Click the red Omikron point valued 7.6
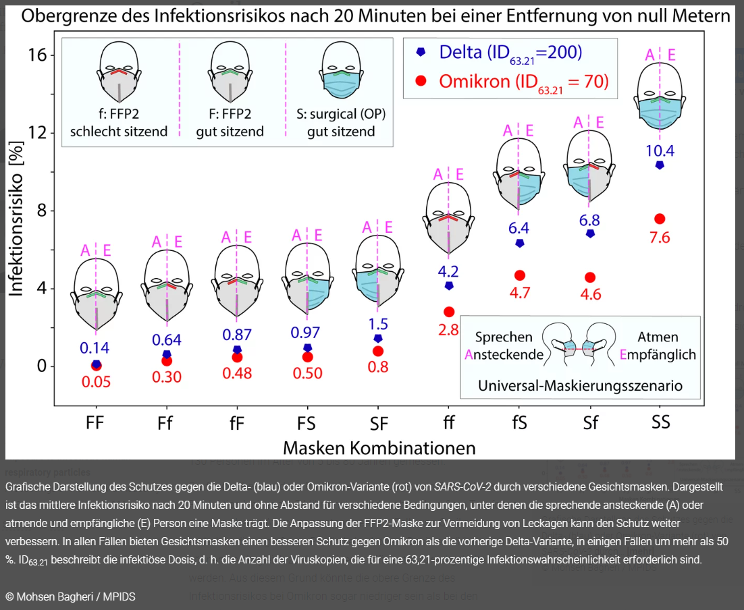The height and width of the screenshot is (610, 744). pyautogui.click(x=660, y=219)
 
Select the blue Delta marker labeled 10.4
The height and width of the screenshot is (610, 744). pyautogui.click(x=660, y=165)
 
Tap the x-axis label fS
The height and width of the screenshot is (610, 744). pyautogui.click(x=520, y=422)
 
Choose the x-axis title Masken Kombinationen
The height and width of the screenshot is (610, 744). pyautogui.click(x=379, y=447)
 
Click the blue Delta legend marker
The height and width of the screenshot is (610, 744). pyautogui.click(x=421, y=51)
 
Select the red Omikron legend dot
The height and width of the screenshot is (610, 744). pyautogui.click(x=421, y=82)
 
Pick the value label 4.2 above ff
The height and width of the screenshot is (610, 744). pyautogui.click(x=448, y=271)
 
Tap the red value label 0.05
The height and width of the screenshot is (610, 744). pyautogui.click(x=96, y=381)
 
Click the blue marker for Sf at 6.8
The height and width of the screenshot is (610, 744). pyautogui.click(x=590, y=233)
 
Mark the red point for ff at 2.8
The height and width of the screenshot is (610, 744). pyautogui.click(x=449, y=312)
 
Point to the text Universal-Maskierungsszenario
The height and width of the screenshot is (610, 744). pyautogui.click(x=580, y=386)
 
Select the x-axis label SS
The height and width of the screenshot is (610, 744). pyautogui.click(x=660, y=422)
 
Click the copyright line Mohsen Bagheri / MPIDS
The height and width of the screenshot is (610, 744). pyautogui.click(x=70, y=597)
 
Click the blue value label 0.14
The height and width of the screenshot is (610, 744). pyautogui.click(x=95, y=348)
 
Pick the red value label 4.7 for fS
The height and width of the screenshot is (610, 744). pyautogui.click(x=520, y=292)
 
